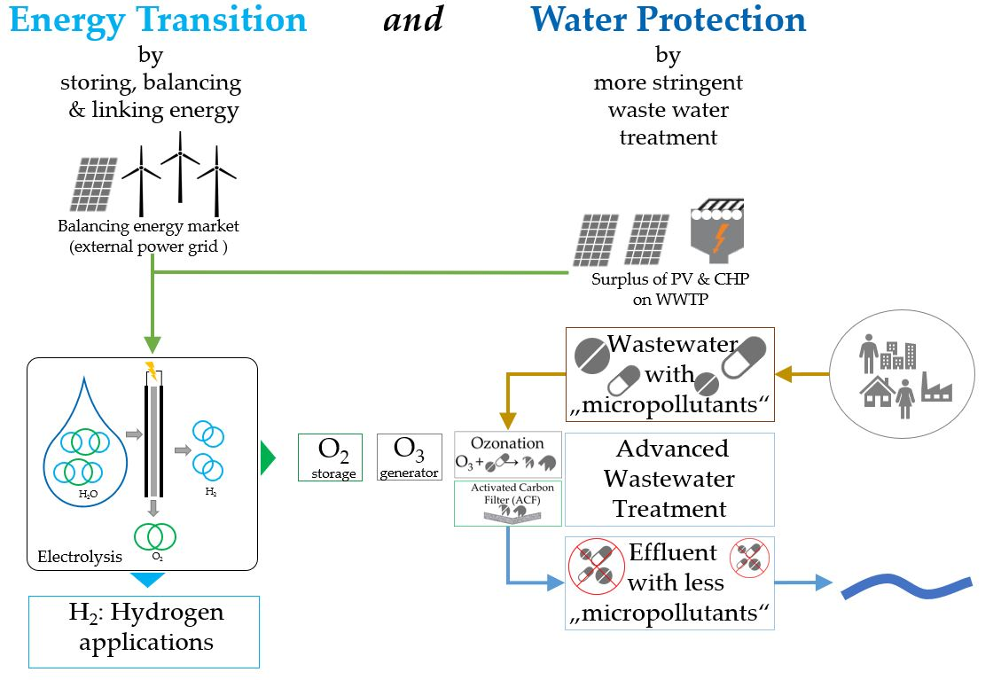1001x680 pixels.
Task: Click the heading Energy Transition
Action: point(158,20)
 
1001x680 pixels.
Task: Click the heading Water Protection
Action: point(668,20)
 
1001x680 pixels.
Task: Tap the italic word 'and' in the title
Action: point(412,20)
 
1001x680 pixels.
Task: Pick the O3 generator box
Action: point(409,457)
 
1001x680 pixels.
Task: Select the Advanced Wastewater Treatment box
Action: point(669,479)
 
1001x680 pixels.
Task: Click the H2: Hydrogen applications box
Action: point(144,631)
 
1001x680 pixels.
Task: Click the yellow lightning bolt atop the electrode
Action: point(152,370)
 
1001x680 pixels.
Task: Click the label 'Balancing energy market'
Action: point(148,226)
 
